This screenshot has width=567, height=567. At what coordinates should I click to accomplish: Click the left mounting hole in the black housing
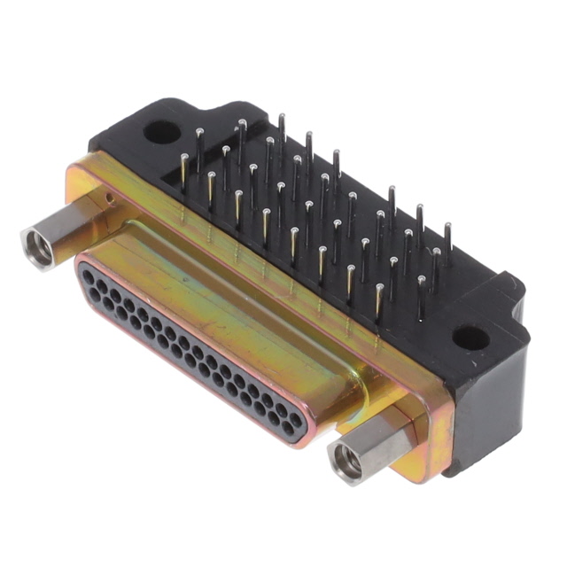pos(161,132)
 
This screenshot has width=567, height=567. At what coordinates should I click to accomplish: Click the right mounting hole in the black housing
pos(470,338)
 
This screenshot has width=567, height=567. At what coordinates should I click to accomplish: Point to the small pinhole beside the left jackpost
pos(107,196)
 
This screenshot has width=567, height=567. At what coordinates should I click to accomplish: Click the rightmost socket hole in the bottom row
pos(286,425)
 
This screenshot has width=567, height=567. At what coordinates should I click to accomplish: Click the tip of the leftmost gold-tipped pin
pos(183,158)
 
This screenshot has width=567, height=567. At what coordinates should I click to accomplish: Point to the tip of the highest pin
pos(282,117)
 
